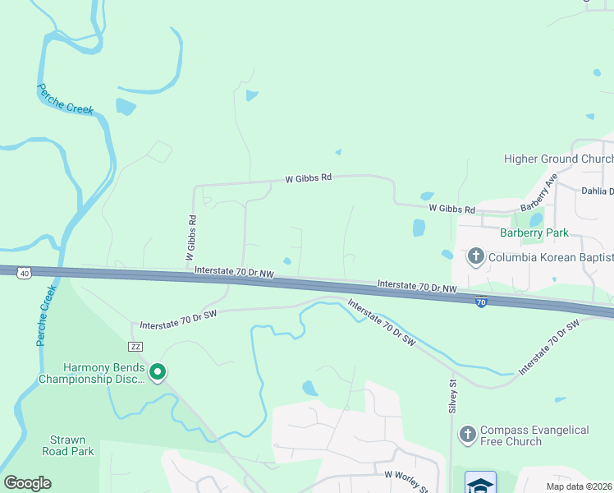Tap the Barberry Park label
(534, 233)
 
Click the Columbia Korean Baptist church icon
(476, 257)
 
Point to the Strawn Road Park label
(68, 445)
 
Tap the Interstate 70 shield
(481, 303)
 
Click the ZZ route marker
(136, 348)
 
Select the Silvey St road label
(451, 396)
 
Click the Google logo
(27, 483)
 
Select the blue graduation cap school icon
(480, 483)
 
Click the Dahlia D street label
(597, 191)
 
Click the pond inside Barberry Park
(535, 219)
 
